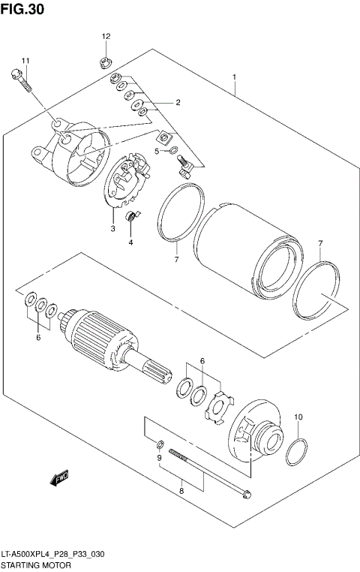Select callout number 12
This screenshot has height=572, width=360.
(x=106, y=36)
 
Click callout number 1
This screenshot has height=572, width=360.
(x=235, y=77)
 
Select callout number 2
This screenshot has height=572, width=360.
(x=178, y=102)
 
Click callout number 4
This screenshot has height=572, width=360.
(x=130, y=242)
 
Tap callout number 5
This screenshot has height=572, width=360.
(x=157, y=151)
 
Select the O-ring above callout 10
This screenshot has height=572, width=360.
(x=298, y=453)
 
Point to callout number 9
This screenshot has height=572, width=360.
(x=159, y=458)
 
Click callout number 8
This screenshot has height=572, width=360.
(x=180, y=491)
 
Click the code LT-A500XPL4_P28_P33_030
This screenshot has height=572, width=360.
(x=52, y=553)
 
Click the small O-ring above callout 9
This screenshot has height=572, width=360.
(x=160, y=443)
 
